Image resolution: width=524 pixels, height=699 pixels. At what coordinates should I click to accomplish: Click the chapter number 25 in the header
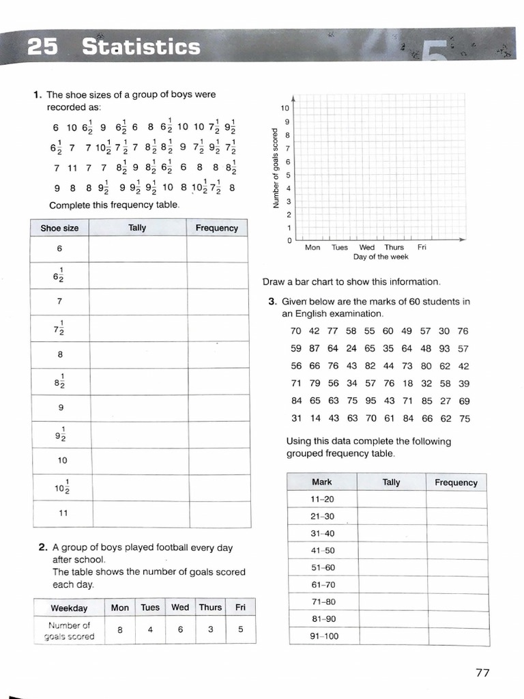click(43, 47)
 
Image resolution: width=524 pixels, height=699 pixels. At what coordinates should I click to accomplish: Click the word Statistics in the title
click(141, 47)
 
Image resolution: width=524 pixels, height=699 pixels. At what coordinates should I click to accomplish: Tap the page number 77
click(482, 673)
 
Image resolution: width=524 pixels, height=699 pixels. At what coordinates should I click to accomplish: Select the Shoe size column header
click(60, 228)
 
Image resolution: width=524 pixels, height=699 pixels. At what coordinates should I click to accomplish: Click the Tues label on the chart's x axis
click(340, 248)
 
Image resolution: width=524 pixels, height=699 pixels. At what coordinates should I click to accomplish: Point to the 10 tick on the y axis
click(285, 109)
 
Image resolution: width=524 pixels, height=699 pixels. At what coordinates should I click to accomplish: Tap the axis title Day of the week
click(381, 257)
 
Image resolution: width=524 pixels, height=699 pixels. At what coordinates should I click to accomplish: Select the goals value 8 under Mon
click(119, 631)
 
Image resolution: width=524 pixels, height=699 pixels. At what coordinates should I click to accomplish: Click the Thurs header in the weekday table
click(210, 607)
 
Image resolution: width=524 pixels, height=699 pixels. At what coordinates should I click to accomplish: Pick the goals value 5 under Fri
click(241, 631)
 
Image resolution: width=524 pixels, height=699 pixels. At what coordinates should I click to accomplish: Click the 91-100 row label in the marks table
click(322, 637)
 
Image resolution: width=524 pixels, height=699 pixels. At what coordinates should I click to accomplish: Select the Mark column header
click(322, 482)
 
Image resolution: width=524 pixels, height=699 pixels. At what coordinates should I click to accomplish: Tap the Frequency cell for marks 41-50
click(456, 550)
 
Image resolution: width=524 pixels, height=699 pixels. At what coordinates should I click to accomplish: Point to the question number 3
click(272, 302)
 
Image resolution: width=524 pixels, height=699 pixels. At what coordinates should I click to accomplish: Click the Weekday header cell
click(69, 608)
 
